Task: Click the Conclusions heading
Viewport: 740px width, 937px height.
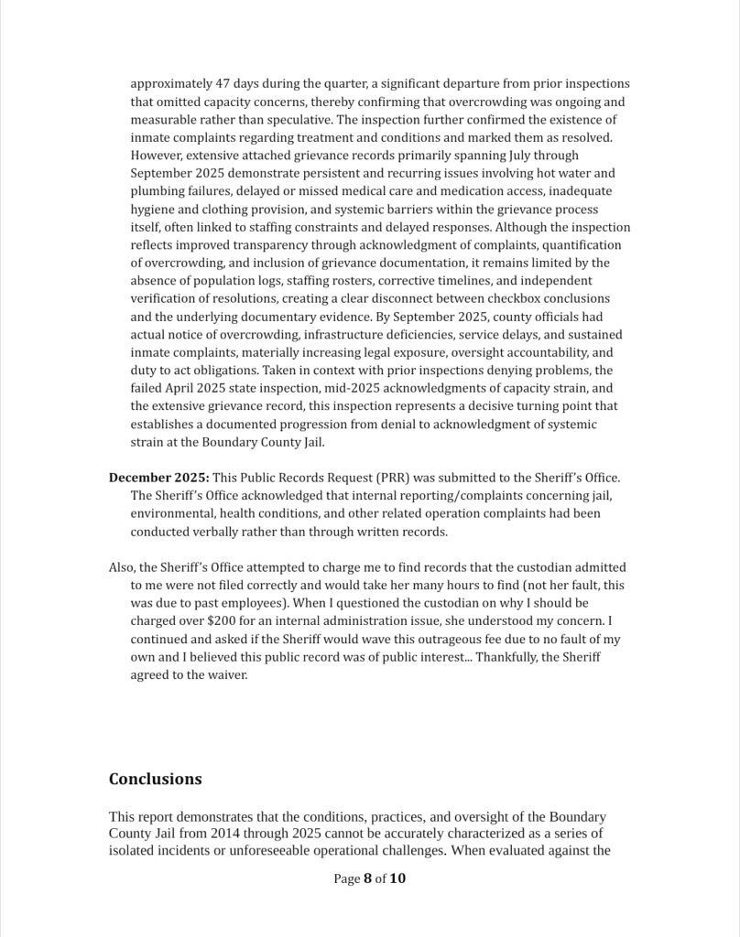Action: point(155,780)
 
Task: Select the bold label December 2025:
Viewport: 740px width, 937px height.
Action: point(158,478)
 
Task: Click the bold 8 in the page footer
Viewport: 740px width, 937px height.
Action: point(367,879)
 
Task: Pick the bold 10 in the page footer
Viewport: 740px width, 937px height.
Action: point(397,879)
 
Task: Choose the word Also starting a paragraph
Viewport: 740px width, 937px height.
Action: point(123,568)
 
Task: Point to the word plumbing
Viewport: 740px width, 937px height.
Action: point(158,191)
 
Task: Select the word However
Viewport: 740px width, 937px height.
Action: point(159,156)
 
